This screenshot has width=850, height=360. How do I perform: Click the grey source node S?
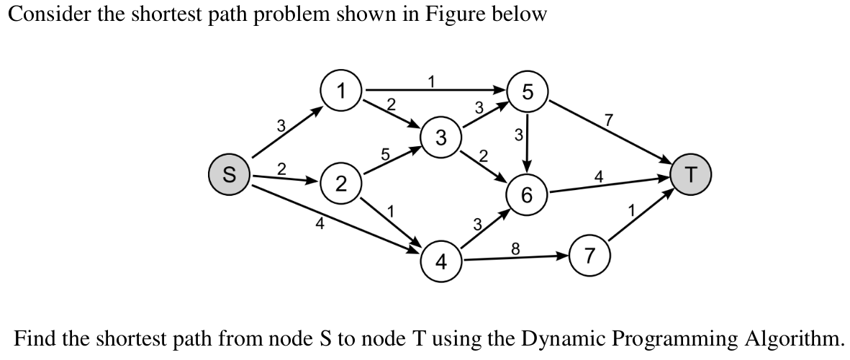pos(229,174)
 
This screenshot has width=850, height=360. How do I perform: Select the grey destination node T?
pos(691,174)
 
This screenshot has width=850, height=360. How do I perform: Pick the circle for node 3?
pos(440,136)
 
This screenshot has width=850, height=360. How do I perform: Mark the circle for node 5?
pos(528,91)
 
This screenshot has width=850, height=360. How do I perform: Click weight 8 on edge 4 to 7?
pos(515,248)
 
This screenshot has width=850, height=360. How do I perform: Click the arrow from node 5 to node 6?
pos(528,144)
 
